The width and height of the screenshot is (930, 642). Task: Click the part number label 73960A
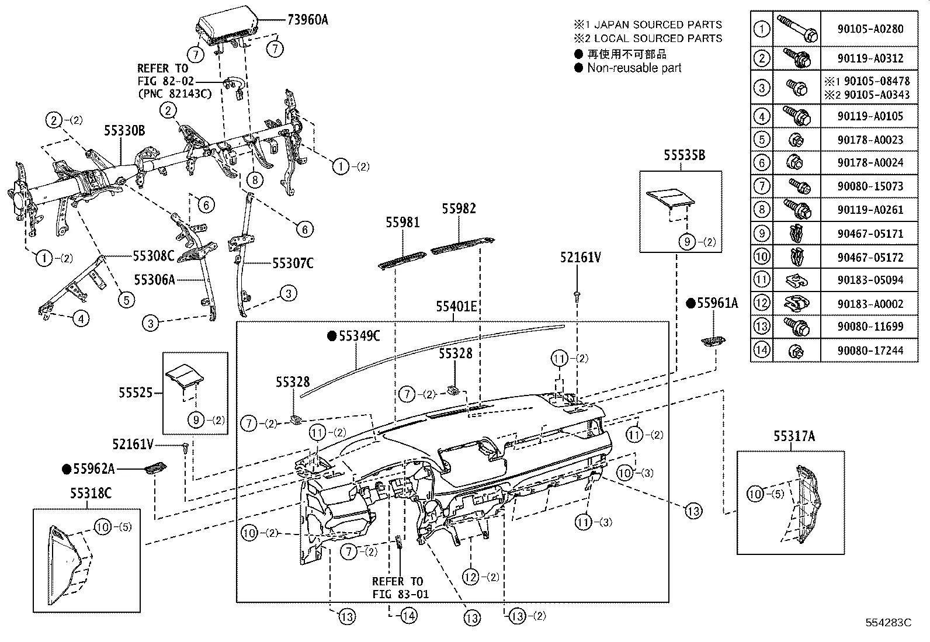[x=307, y=20]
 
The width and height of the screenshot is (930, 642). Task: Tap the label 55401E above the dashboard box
[x=456, y=307]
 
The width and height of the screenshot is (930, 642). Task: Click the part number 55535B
[x=683, y=155]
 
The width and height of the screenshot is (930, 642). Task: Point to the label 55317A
[x=794, y=436]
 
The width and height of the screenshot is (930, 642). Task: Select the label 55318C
[x=91, y=494]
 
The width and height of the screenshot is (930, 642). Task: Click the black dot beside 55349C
[x=332, y=336]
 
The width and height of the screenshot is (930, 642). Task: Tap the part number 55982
[x=459, y=209]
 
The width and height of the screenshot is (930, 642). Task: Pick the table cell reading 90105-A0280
[x=869, y=28]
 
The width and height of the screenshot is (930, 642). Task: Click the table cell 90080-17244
[x=869, y=351]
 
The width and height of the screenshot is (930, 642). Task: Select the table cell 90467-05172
[x=869, y=257]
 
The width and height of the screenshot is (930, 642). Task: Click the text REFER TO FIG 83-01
[x=400, y=588]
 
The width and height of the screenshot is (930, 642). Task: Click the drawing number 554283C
[x=888, y=623]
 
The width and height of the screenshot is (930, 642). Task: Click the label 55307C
[x=293, y=263]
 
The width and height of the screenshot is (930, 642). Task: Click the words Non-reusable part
[x=634, y=68]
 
